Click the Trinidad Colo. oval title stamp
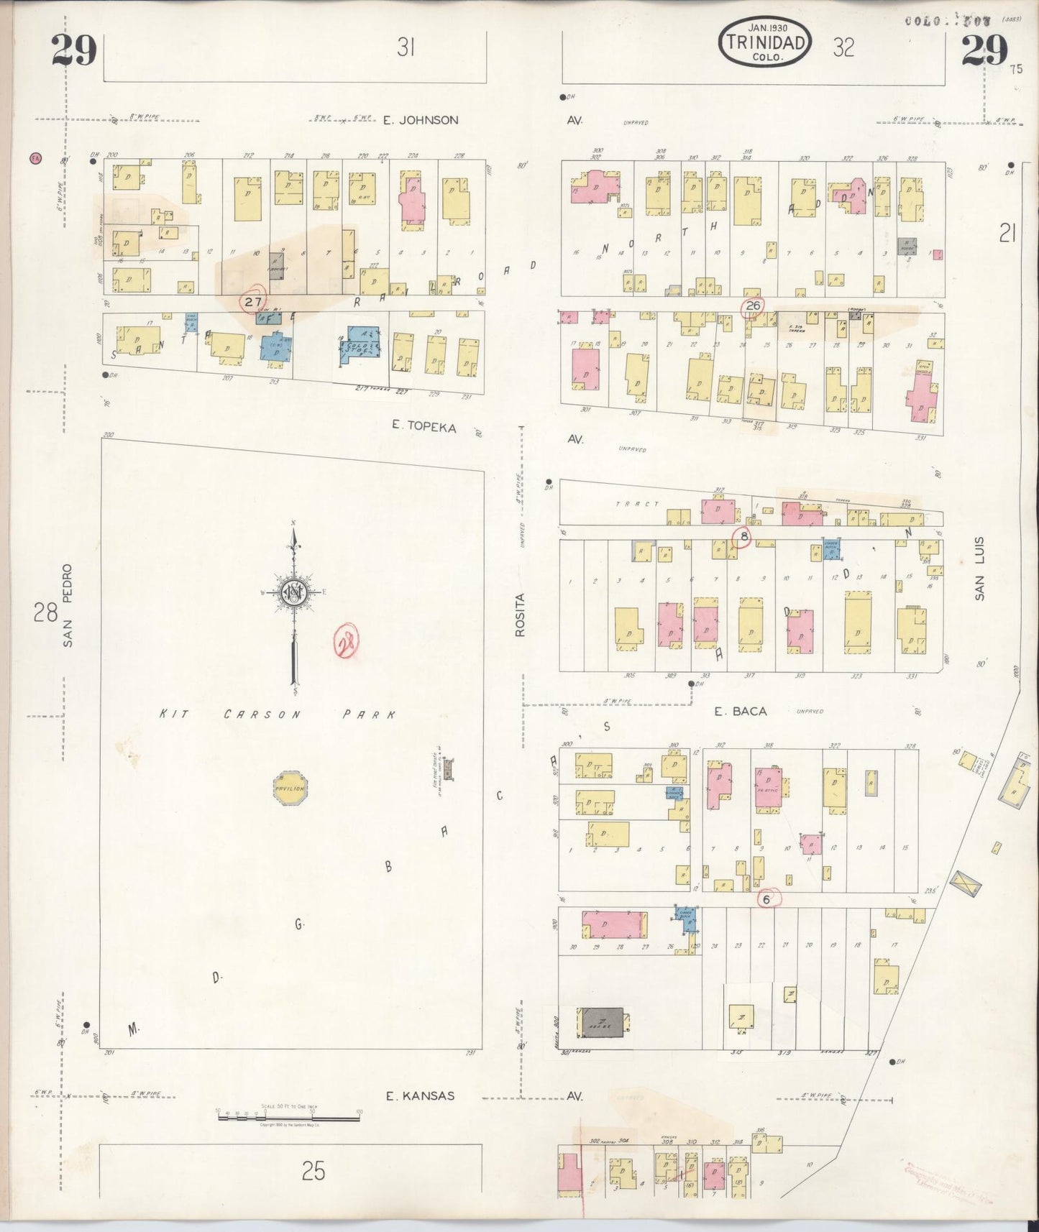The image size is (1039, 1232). point(765,42)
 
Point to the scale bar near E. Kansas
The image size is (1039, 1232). point(288,1114)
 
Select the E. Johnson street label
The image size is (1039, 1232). point(420,120)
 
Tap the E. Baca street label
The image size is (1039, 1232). point(740,711)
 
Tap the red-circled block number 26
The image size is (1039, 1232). point(753,306)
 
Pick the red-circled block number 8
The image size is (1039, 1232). point(743,535)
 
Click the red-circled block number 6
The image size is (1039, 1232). point(766,898)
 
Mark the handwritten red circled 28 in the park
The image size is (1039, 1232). point(347,643)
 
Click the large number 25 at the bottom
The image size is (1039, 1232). point(313,1172)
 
